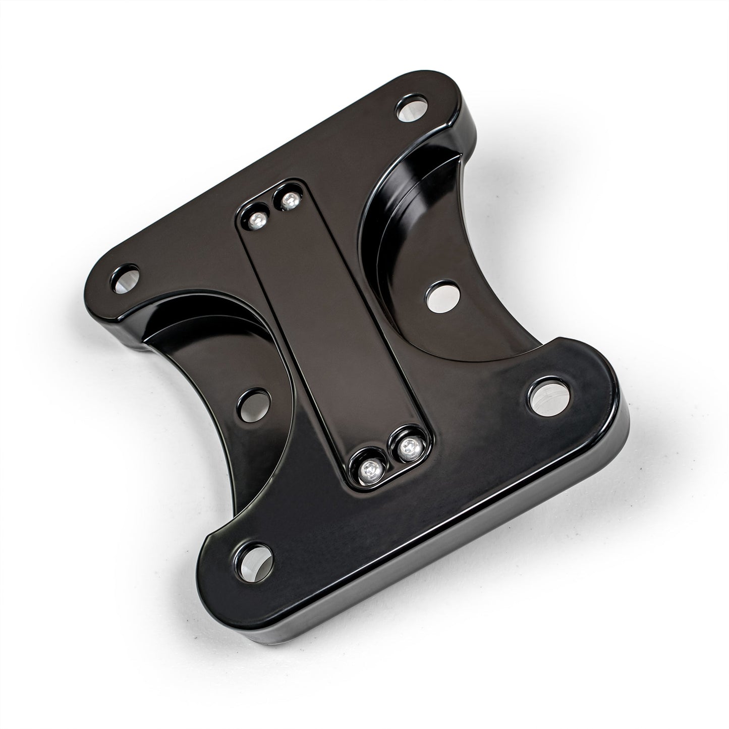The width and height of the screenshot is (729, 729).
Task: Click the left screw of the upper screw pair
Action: pos(257,218)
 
